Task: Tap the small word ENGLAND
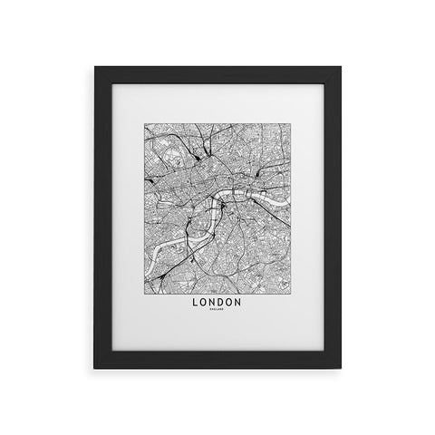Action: click(x=217, y=311)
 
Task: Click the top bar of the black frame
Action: click(x=217, y=75)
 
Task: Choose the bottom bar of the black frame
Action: click(x=217, y=362)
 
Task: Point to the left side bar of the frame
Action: click(x=103, y=217)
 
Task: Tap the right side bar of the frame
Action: click(x=332, y=217)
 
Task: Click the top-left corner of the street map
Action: click(x=144, y=125)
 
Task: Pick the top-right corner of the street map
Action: click(x=291, y=125)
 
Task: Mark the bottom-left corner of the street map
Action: click(x=144, y=286)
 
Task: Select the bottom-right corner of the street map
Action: click(x=291, y=286)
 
